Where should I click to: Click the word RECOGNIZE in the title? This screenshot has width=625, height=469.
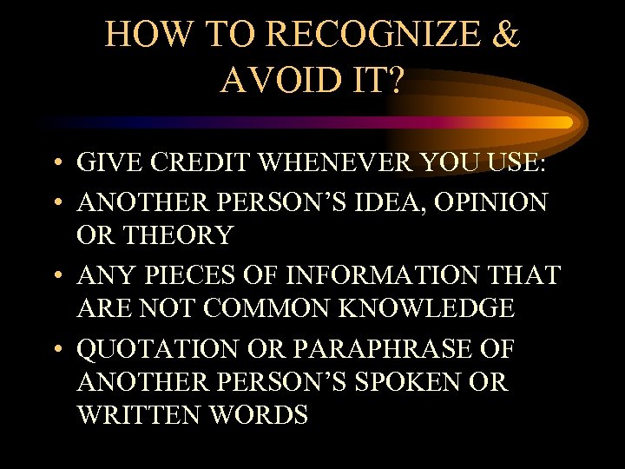366,35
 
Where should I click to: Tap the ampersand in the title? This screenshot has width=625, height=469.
505,35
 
